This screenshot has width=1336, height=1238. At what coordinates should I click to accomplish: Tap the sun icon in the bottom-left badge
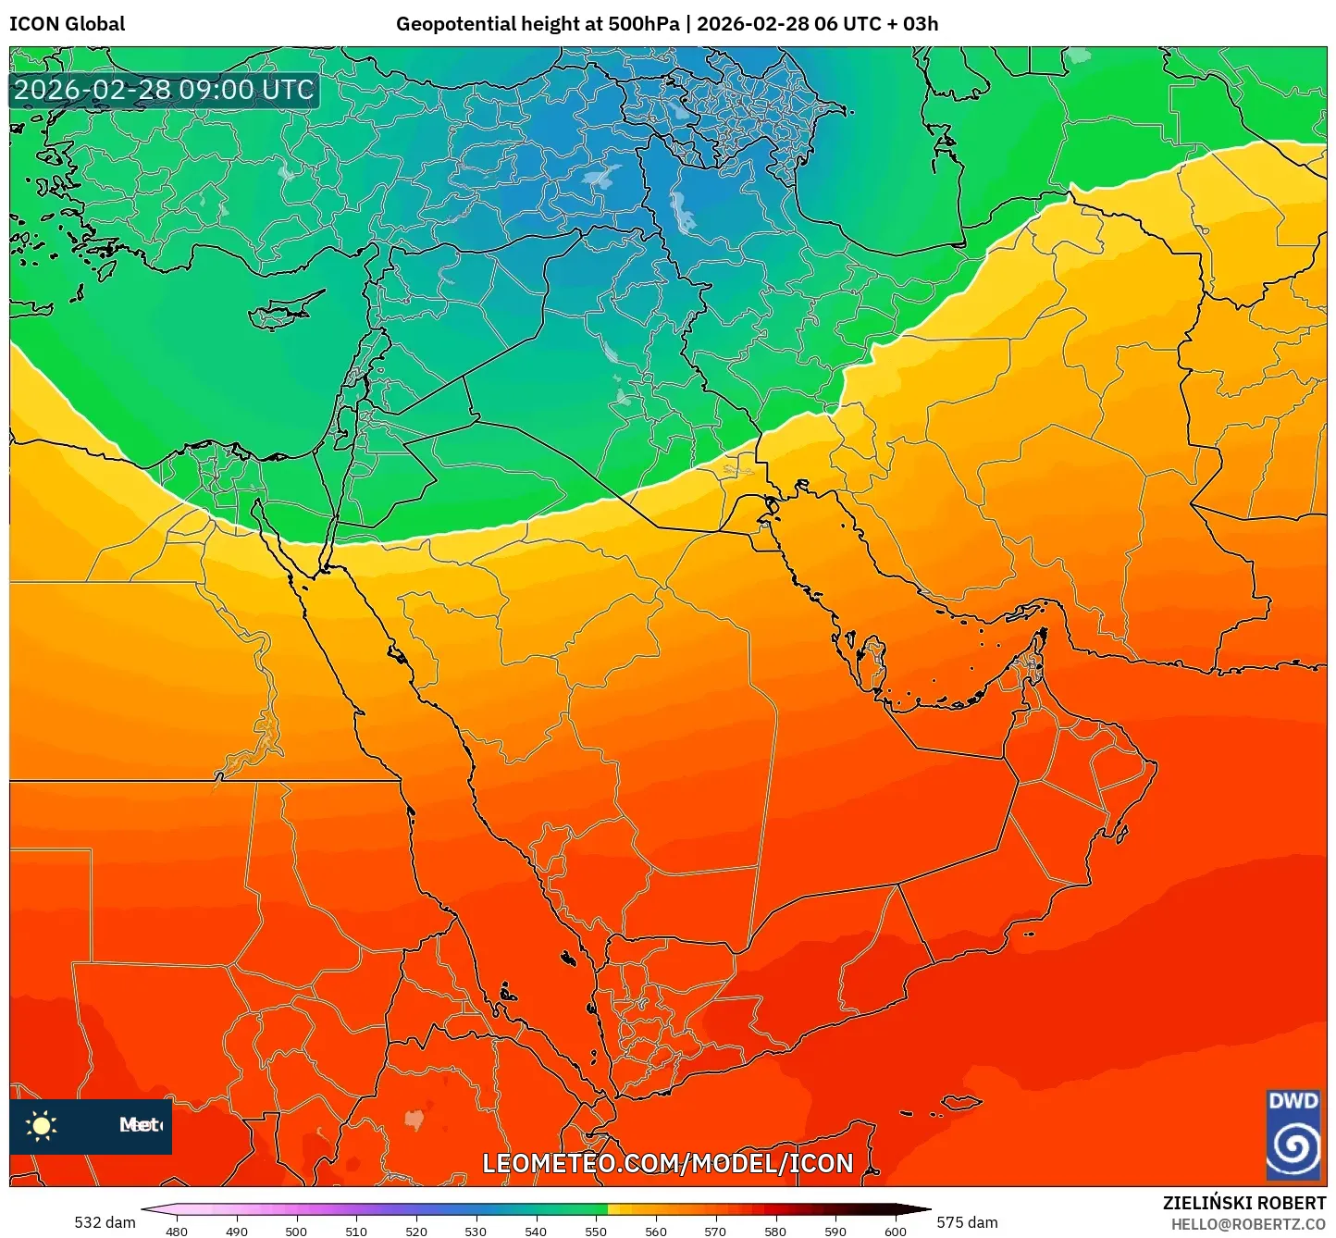tap(42, 1125)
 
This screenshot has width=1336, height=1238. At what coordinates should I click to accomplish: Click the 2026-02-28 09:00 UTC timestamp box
tap(164, 90)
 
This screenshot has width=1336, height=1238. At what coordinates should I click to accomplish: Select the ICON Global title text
tap(67, 24)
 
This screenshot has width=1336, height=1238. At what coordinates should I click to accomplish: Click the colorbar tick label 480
tap(176, 1232)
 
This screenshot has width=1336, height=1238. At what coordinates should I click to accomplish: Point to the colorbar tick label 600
tap(895, 1232)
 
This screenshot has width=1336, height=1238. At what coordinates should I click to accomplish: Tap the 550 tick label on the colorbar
tap(596, 1232)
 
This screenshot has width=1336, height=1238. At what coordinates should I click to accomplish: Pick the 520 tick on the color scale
tap(415, 1232)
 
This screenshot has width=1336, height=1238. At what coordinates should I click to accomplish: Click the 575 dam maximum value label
tap(967, 1222)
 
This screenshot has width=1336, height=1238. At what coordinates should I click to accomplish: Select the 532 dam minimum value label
tap(105, 1222)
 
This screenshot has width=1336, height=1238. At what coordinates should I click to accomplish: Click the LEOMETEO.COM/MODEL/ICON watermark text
tap(667, 1163)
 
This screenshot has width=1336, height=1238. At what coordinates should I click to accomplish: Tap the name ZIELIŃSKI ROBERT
tap(1243, 1203)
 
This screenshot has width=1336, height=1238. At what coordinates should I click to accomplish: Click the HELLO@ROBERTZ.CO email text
tap(1248, 1224)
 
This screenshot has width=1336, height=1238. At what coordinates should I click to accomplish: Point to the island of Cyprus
tap(282, 313)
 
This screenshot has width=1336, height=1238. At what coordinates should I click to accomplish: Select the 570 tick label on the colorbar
tap(715, 1232)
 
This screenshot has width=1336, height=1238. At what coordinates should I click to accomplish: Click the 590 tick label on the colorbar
tap(835, 1232)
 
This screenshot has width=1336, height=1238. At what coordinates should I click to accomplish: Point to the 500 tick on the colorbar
tap(296, 1232)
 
